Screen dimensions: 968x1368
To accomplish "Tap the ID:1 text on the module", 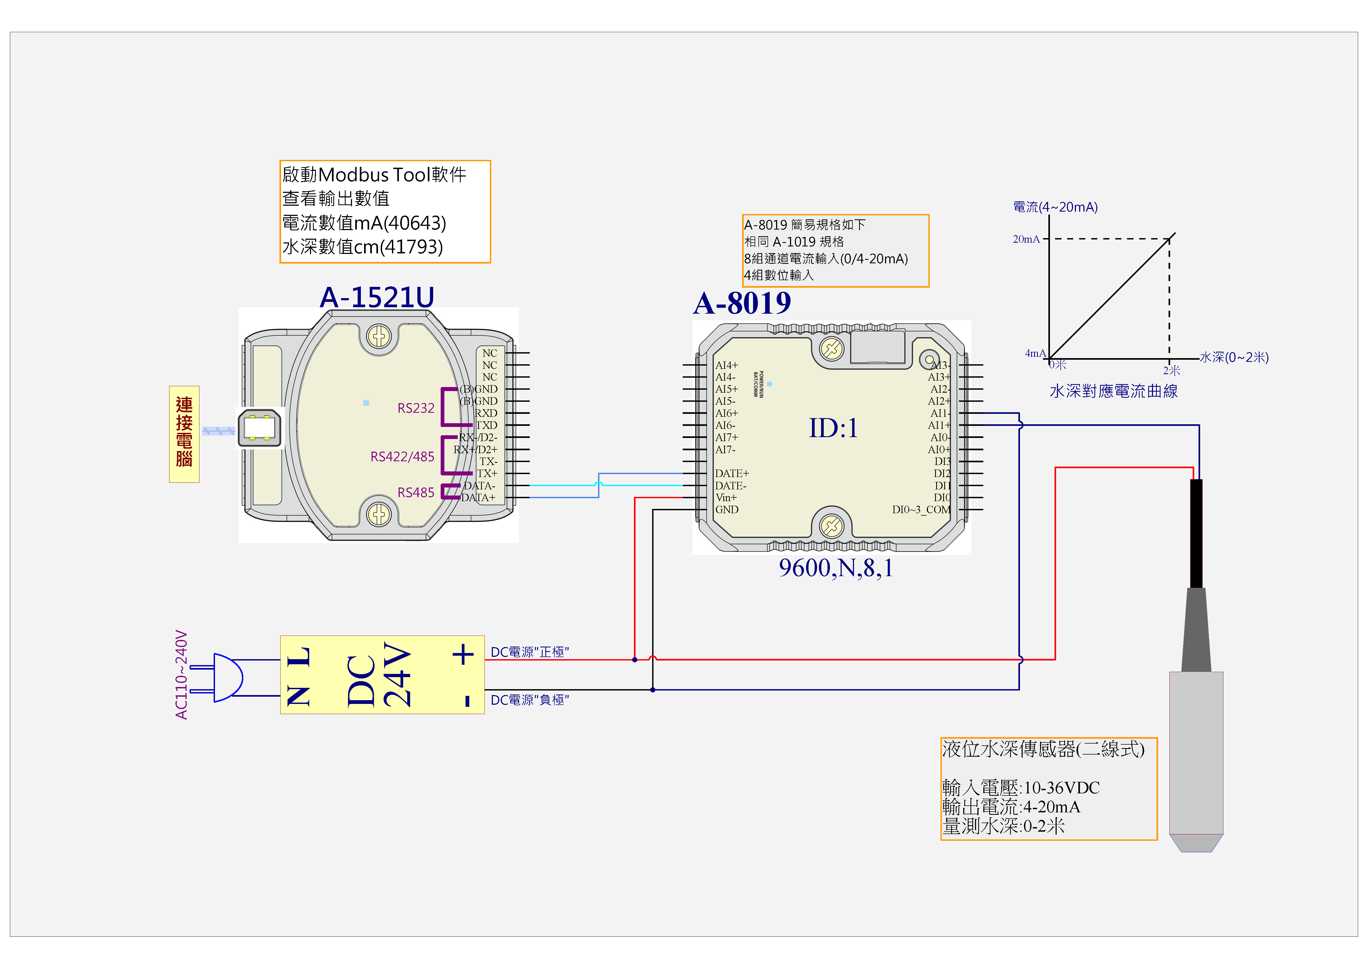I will (833, 428).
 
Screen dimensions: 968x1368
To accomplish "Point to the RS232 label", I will (416, 408).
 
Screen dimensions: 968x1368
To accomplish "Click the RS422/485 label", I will (402, 457).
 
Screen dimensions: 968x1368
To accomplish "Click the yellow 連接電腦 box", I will (184, 433).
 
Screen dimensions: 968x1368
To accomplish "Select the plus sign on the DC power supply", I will (463, 654).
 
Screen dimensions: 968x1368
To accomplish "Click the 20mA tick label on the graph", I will (1026, 239).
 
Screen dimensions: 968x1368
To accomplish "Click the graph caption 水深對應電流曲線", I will (1114, 391).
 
